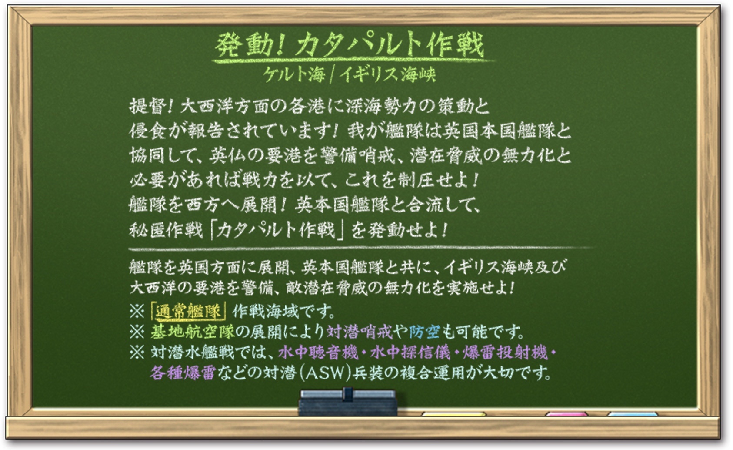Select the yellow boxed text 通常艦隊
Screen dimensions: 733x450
[x=188, y=312]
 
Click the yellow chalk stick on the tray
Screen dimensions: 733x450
[x=454, y=414]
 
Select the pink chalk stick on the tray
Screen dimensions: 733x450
[x=567, y=414]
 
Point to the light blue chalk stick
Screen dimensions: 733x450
[x=633, y=414]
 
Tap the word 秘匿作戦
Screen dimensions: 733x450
[x=166, y=230]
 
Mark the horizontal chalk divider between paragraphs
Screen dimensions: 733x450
[x=360, y=249]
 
